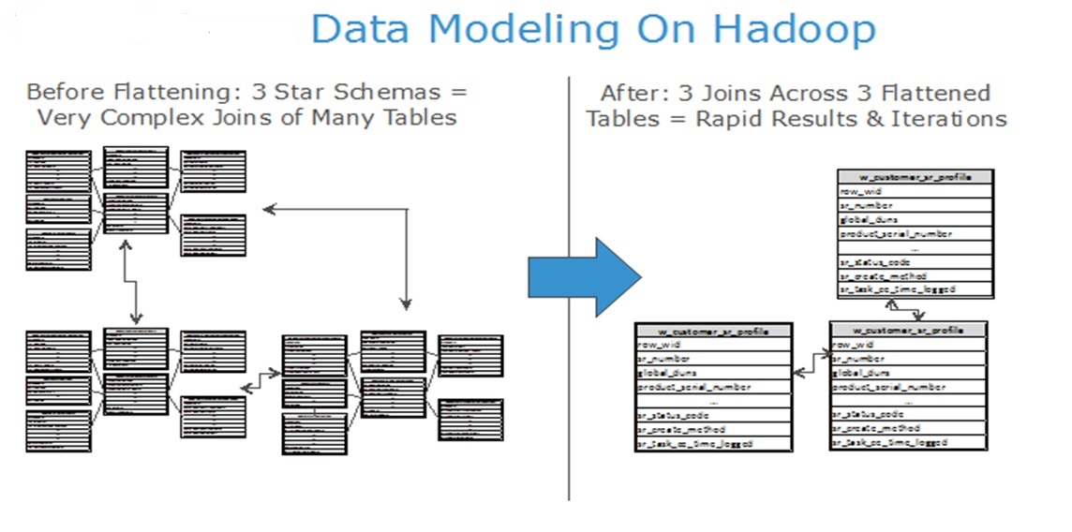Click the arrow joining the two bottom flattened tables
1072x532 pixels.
click(x=811, y=362)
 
